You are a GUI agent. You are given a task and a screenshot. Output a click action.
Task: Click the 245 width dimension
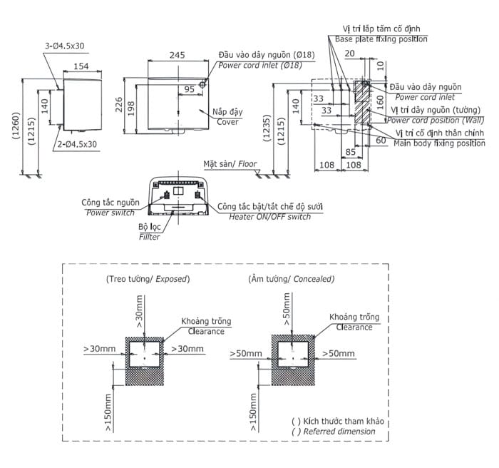click(x=178, y=55)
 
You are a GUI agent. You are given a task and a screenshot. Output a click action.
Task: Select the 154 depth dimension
click(x=81, y=66)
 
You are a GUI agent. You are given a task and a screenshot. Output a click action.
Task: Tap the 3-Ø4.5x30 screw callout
click(x=65, y=46)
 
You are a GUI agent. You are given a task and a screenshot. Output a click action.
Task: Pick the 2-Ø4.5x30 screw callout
click(x=77, y=144)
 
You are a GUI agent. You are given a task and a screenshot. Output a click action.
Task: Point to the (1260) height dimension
click(x=16, y=126)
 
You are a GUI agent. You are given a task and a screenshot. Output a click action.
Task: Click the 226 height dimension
click(x=119, y=105)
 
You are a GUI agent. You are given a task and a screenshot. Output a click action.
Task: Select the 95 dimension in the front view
click(x=189, y=89)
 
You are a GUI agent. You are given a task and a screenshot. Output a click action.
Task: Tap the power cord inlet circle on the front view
click(x=202, y=84)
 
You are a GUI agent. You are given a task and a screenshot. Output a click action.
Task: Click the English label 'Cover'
click(x=227, y=122)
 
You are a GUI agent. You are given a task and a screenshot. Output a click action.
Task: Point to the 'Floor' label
click(x=247, y=164)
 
